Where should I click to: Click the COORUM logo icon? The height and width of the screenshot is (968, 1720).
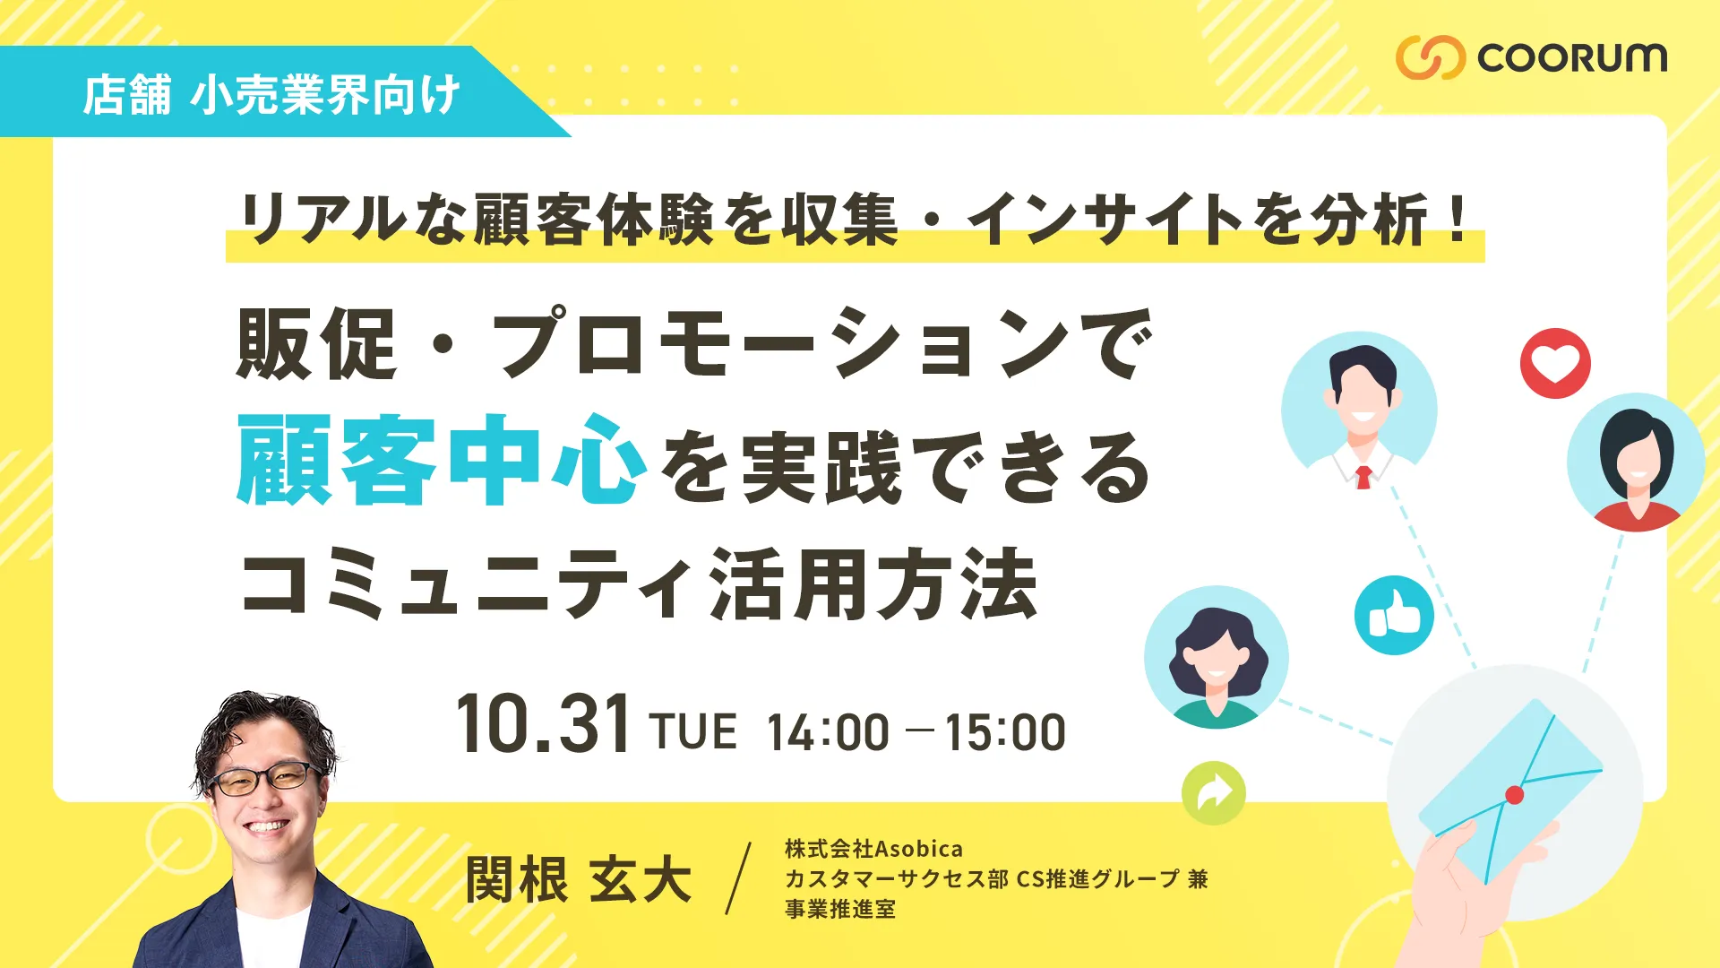[x=1431, y=58]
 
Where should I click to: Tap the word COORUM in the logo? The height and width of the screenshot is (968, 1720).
[x=1572, y=58]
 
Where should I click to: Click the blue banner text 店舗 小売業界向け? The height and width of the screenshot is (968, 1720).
[x=271, y=95]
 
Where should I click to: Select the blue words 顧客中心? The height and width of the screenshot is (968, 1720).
[x=442, y=461]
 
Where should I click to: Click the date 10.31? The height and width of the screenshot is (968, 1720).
[x=543, y=724]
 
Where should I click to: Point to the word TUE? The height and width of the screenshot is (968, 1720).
[x=693, y=731]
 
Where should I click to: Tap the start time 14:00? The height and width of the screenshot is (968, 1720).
[x=828, y=732]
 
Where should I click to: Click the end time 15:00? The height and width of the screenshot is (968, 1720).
[x=1005, y=732]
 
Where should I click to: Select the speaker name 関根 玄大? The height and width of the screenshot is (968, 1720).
[x=579, y=879]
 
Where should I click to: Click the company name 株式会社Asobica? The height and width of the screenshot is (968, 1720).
[x=873, y=849]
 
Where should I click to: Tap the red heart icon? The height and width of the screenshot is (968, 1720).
[x=1555, y=363]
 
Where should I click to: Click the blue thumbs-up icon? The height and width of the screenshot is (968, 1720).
[x=1394, y=615]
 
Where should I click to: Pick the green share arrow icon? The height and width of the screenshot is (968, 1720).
[x=1214, y=793]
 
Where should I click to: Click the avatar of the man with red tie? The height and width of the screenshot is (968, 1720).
[x=1360, y=411]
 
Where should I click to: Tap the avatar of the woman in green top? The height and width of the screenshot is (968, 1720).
[x=1217, y=657]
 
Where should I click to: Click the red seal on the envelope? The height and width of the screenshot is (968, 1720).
[x=1514, y=794]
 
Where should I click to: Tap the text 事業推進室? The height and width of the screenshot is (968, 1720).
[x=840, y=909]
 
